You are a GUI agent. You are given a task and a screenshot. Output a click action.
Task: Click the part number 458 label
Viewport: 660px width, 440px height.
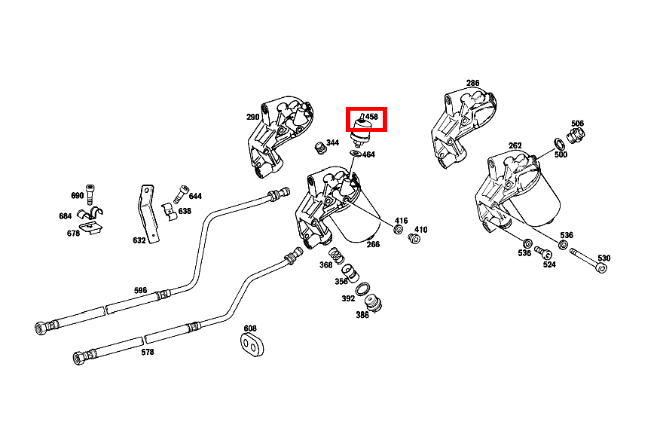[x=371, y=117]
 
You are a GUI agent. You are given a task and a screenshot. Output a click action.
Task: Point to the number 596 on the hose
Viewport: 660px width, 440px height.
[x=141, y=291]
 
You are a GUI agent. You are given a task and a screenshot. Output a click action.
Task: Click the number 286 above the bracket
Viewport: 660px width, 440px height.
[x=472, y=83]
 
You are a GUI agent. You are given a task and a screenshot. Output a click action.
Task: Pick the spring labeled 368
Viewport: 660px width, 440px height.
[x=332, y=255]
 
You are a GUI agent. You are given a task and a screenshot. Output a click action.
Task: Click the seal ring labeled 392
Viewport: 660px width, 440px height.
[x=362, y=289]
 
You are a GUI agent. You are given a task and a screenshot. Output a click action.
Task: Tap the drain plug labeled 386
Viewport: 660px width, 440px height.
[x=373, y=303]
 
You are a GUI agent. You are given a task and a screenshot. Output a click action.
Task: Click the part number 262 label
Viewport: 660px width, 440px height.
[x=515, y=146]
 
